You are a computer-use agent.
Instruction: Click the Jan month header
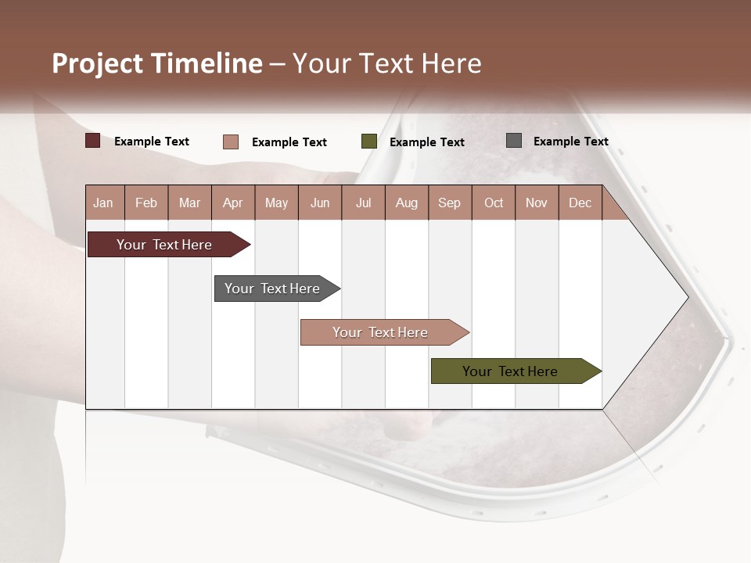(x=103, y=203)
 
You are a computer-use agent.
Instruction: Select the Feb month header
(x=146, y=203)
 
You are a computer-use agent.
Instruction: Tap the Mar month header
(x=189, y=203)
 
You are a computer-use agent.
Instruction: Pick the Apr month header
(x=233, y=203)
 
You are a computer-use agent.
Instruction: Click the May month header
(x=276, y=203)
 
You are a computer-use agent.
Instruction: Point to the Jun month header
(x=320, y=203)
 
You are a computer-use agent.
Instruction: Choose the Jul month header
(x=363, y=203)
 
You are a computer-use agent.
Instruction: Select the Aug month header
(x=407, y=203)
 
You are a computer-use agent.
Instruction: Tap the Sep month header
(x=450, y=203)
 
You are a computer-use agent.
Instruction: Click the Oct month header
(x=494, y=203)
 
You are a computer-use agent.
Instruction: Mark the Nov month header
(x=537, y=203)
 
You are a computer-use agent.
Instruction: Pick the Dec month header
(x=580, y=203)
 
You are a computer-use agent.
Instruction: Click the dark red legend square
(x=92, y=141)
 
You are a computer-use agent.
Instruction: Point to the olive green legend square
(x=369, y=142)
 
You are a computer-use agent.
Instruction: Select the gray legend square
(x=514, y=141)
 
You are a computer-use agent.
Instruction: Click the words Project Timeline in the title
(x=157, y=63)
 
